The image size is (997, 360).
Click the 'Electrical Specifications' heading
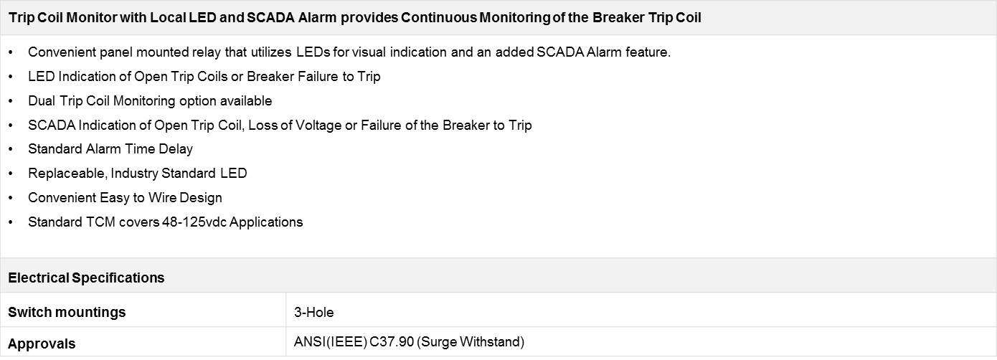[86, 278]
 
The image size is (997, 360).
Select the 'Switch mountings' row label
[67, 313]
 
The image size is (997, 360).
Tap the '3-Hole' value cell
[313, 313]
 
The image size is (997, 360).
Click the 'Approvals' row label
[42, 344]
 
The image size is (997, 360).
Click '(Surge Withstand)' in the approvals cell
[471, 342]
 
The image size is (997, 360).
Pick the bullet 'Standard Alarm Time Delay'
[110, 148]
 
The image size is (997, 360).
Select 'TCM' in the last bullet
[100, 222]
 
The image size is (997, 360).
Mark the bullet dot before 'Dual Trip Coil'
[10, 101]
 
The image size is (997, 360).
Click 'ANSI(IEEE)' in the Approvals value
[330, 342]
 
